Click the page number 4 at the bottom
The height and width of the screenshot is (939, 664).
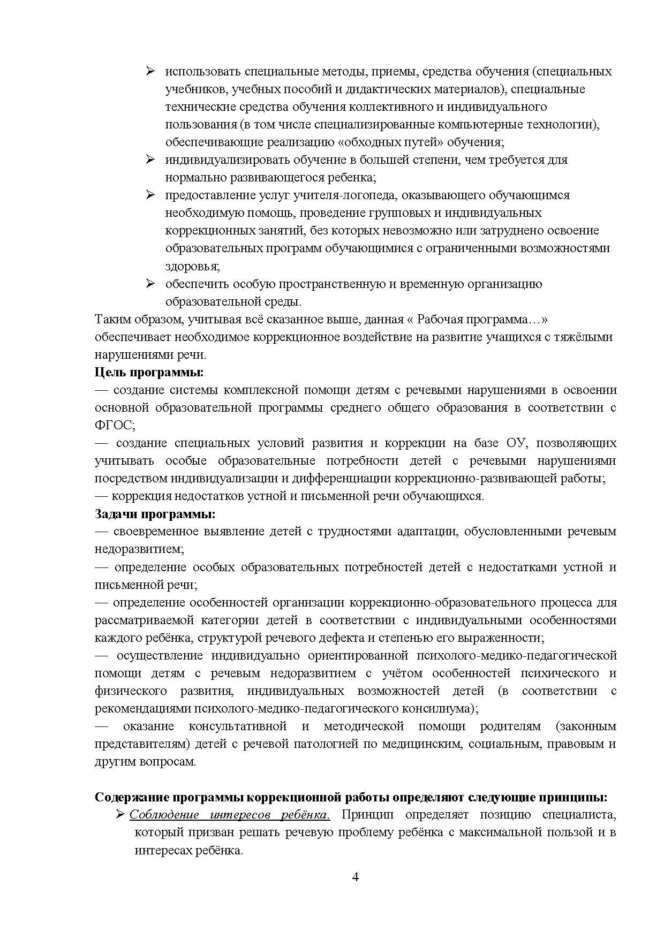(x=355, y=877)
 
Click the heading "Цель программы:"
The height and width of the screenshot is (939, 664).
(x=149, y=372)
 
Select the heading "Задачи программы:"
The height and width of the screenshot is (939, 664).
(x=155, y=514)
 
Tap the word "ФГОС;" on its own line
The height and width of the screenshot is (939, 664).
(x=115, y=425)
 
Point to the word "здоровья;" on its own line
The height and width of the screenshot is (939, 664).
(x=192, y=266)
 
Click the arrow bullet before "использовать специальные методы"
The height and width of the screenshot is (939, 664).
(x=150, y=71)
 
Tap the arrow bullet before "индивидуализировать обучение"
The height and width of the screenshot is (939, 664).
(x=150, y=160)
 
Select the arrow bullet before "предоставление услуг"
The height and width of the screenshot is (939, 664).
(x=150, y=195)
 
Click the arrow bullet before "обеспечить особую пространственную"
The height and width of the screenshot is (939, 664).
(x=150, y=284)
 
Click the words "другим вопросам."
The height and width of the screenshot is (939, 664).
(x=145, y=761)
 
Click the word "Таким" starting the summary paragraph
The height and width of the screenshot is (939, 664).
(x=111, y=320)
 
